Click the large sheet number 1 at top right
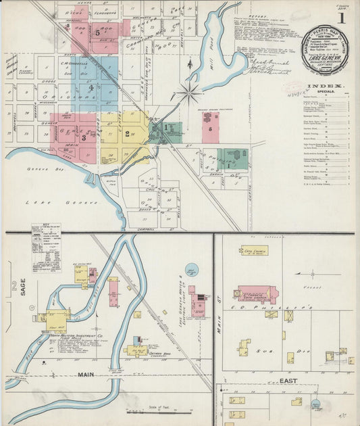click(x=341, y=18)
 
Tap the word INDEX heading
click(x=324, y=86)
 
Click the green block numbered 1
click(x=165, y=128)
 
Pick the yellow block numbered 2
click(x=127, y=134)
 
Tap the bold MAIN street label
click(x=86, y=374)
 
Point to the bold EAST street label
click(x=289, y=381)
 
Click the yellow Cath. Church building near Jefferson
click(x=255, y=250)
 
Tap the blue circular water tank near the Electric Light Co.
click(x=192, y=270)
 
